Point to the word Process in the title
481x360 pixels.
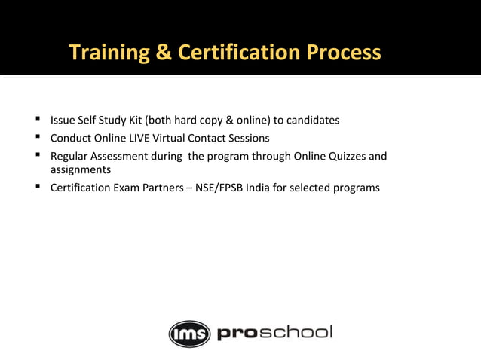click(344, 53)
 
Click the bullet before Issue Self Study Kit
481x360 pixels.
click(36, 119)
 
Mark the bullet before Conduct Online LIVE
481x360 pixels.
click(36, 138)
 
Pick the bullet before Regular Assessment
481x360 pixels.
click(36, 156)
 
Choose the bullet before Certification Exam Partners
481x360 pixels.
click(36, 187)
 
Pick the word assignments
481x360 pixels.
click(81, 170)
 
